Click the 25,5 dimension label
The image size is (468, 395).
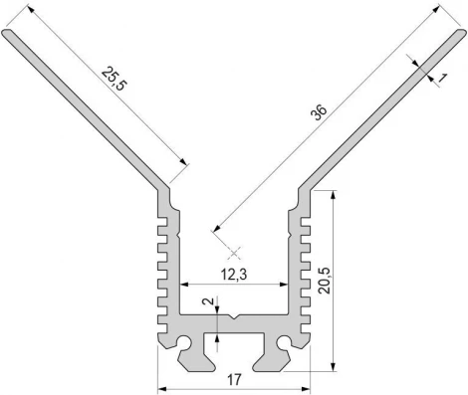(x=114, y=80)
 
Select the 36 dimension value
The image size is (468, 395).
(x=319, y=112)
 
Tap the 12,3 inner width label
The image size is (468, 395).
(x=234, y=275)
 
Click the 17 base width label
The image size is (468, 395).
(x=234, y=380)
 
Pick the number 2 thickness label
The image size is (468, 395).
(x=208, y=301)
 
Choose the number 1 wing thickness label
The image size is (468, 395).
(x=442, y=79)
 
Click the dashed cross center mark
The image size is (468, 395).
(x=235, y=254)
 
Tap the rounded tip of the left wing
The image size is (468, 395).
(x=7, y=33)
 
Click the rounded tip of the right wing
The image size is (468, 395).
(x=462, y=33)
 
